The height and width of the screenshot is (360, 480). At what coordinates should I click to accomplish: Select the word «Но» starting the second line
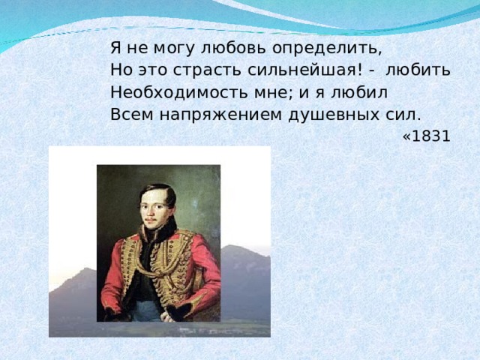[x=120, y=70]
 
